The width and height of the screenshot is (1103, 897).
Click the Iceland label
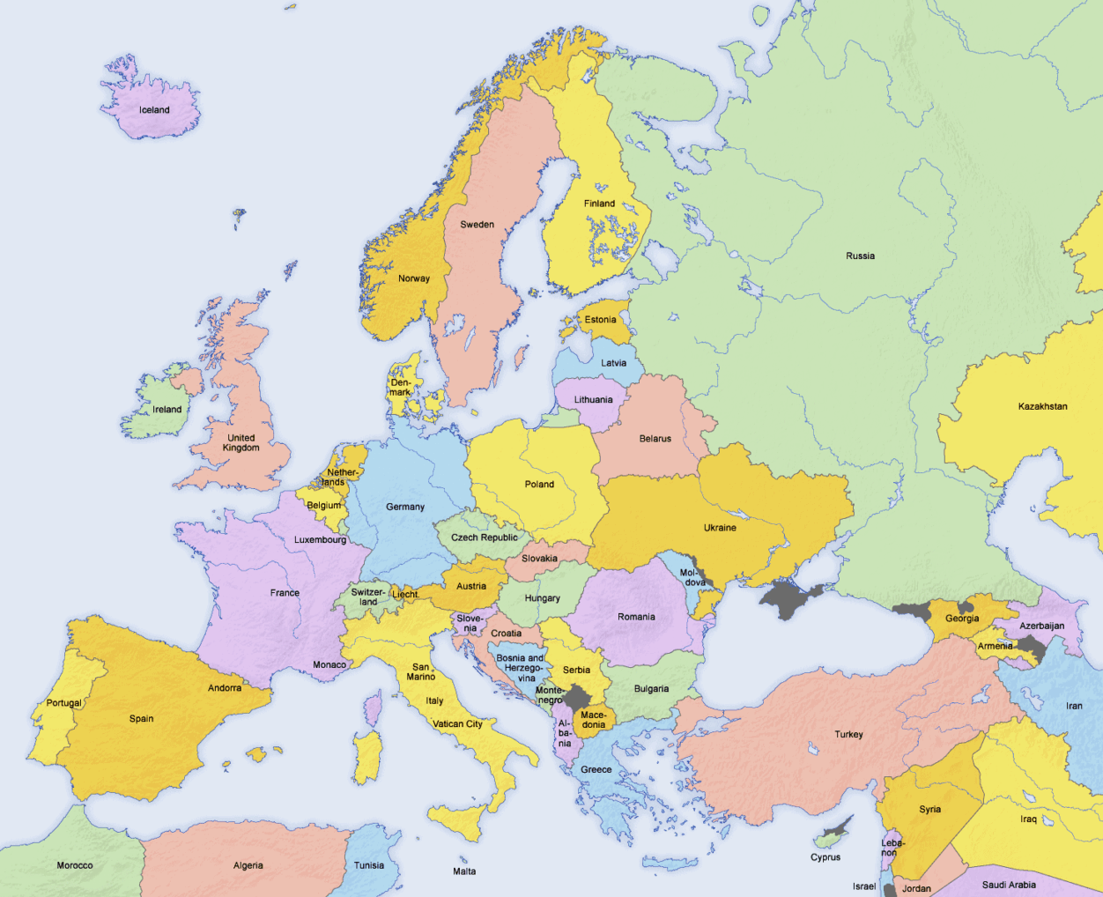(x=154, y=110)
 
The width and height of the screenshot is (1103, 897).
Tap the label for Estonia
(x=600, y=320)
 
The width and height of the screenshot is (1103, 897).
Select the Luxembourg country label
(x=320, y=540)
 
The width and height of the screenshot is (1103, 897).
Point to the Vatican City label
(x=457, y=724)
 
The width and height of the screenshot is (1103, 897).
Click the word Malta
(x=464, y=871)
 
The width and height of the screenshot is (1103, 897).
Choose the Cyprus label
(x=825, y=857)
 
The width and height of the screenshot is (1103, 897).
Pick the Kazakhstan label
(x=1042, y=407)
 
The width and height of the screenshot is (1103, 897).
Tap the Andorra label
(x=225, y=688)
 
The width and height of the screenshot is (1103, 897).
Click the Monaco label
(x=329, y=665)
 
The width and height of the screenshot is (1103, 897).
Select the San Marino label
(x=421, y=672)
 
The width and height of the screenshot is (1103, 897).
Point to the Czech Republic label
(x=485, y=537)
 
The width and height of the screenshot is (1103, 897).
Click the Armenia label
(x=995, y=646)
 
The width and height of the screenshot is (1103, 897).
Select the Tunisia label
(x=369, y=865)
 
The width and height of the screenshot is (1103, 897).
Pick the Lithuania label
(x=593, y=400)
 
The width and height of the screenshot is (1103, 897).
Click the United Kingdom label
(x=241, y=443)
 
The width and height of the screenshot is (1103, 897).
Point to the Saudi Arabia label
(x=1009, y=885)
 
